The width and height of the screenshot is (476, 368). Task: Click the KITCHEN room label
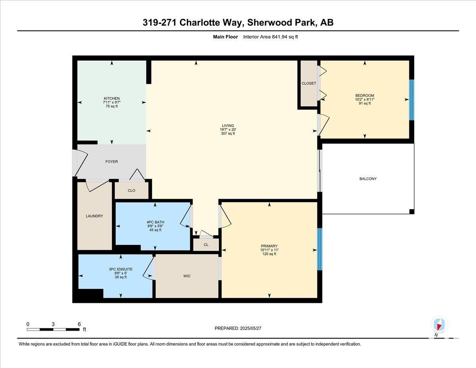112,98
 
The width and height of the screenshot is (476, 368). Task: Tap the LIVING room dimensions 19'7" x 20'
228,129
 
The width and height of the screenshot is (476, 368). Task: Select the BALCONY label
368,179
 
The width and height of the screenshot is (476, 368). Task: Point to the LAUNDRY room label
94,216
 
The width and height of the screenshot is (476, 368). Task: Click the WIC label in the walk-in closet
187,276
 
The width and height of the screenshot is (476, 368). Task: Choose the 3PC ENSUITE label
121,270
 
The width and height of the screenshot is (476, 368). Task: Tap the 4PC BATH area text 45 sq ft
155,230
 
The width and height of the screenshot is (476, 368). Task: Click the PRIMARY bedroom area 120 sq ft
269,254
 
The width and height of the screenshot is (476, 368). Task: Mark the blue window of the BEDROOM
412,100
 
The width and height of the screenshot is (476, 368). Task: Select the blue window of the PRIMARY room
320,249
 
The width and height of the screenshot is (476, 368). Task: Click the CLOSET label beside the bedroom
309,83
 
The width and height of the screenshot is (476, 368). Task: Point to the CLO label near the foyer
131,191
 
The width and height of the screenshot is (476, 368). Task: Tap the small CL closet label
206,245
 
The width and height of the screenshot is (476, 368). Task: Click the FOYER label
111,162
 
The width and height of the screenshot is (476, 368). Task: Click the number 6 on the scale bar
79,324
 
